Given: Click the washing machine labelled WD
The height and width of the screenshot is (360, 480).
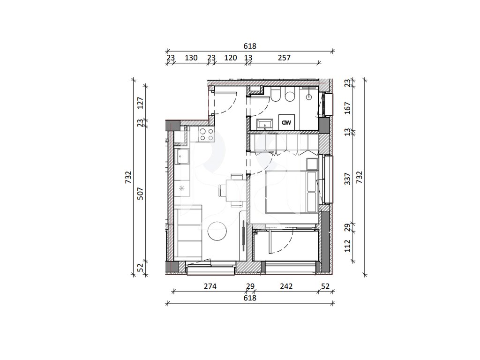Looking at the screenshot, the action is [x=286, y=122].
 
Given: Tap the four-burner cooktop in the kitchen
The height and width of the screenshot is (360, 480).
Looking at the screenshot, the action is [x=206, y=135].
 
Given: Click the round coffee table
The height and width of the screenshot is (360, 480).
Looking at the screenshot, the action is [x=217, y=231].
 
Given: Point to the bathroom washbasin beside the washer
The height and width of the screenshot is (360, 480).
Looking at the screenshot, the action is [x=264, y=124].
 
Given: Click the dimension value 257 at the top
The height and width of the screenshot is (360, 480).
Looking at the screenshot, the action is [x=284, y=58].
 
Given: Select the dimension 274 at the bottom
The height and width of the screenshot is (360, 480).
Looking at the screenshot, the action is [x=210, y=286].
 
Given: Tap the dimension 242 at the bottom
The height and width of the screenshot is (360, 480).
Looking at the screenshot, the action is [x=286, y=286].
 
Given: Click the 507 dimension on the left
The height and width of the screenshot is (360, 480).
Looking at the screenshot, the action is [x=140, y=194].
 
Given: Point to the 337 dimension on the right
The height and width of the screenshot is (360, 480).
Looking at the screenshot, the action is [x=347, y=179].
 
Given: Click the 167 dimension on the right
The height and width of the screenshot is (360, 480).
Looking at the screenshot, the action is [x=347, y=108].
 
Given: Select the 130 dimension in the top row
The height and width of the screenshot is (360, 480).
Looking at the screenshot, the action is [x=191, y=58].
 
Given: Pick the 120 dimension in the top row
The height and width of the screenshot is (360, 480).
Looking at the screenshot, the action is [x=231, y=58].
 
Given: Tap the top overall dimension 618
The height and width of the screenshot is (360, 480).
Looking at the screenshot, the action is [x=250, y=46].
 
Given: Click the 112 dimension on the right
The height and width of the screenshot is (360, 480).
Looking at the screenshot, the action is [x=347, y=246].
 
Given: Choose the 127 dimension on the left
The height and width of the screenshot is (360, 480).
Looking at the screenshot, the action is [x=140, y=103].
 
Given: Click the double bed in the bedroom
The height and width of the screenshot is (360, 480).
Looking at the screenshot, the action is [x=292, y=192].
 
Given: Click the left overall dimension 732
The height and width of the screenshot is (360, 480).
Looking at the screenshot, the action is [x=128, y=177].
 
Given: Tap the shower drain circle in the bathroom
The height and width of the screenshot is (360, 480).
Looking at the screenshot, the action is [x=309, y=97].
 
